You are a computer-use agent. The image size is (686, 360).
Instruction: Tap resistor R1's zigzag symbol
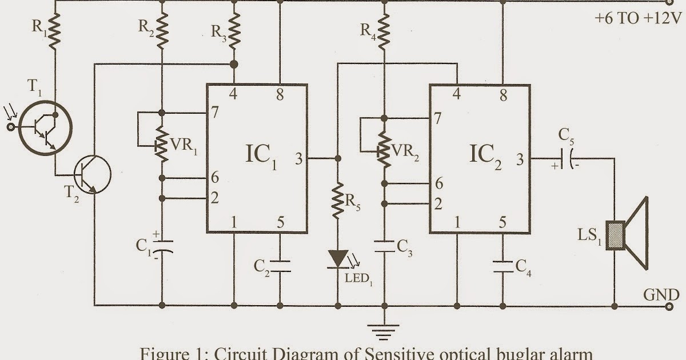pyautogui.click(x=54, y=30)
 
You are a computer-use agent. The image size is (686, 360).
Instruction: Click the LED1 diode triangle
pyautogui.click(x=338, y=258)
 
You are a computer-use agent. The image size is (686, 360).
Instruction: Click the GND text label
pyautogui.click(x=662, y=295)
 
